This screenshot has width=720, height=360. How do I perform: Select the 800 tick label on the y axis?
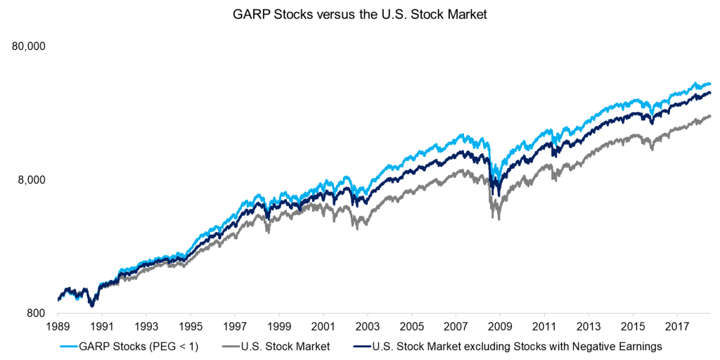tap(36, 314)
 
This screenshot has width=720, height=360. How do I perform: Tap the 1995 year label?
tap(190, 327)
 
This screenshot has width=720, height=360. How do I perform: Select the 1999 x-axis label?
tap(278, 327)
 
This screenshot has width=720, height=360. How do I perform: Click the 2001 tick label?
tap(323, 327)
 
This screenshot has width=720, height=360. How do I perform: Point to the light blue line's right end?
tap(710, 84)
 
